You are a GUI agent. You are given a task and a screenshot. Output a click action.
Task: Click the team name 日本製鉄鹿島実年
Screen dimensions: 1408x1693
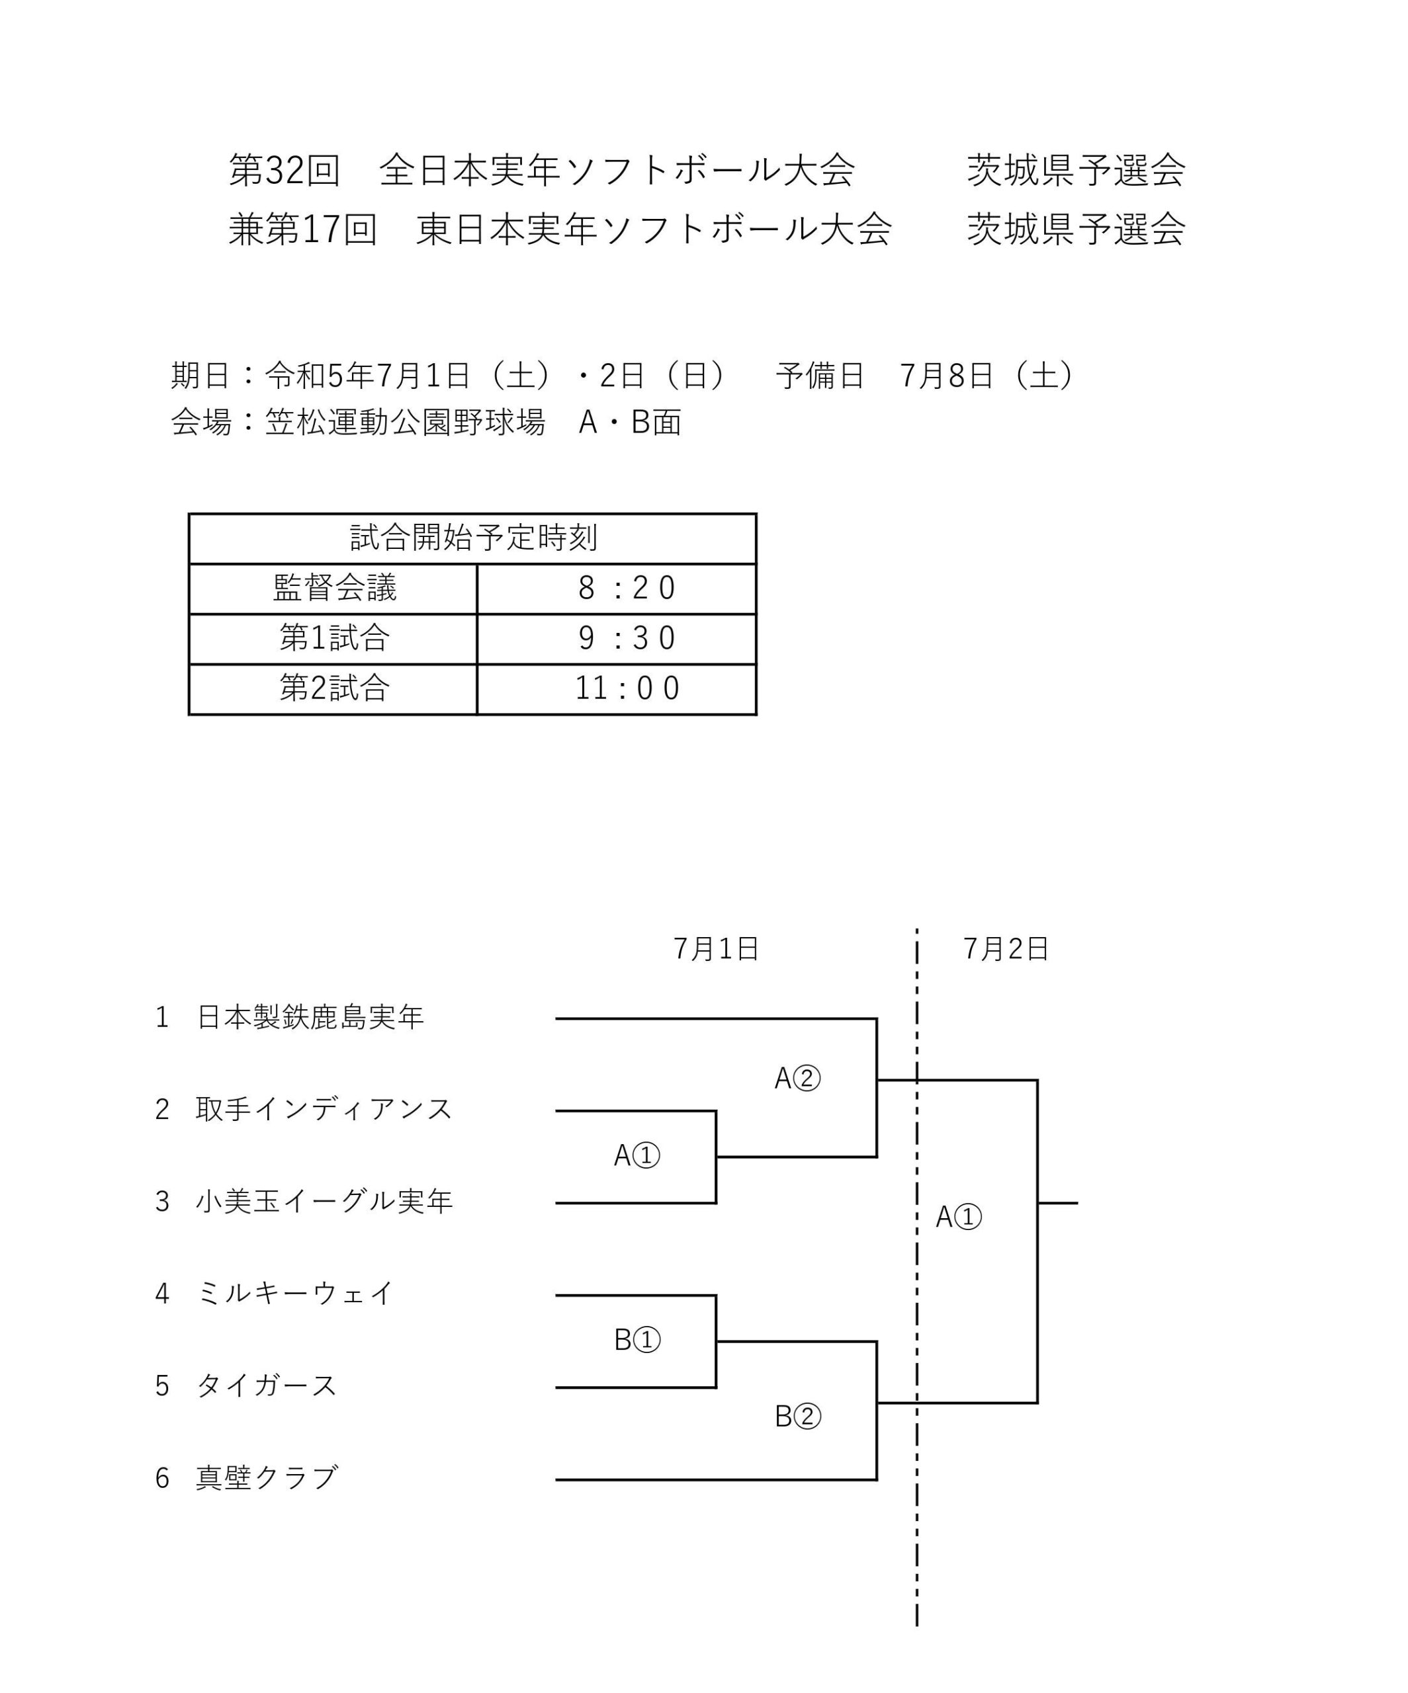[310, 1017]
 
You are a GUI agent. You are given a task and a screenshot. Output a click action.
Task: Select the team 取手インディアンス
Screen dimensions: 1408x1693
[324, 1109]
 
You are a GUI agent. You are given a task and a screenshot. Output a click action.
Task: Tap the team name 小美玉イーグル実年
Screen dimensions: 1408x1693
[324, 1201]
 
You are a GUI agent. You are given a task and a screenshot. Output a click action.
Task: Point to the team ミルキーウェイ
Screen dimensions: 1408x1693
[295, 1293]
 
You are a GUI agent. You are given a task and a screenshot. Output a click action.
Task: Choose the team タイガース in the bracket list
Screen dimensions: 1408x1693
[267, 1385]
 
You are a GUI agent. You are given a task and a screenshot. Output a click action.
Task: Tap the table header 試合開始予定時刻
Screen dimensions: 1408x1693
[473, 538]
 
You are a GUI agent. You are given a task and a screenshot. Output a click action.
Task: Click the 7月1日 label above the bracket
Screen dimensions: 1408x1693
[716, 949]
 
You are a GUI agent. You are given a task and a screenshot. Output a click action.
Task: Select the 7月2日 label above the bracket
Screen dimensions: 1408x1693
[1006, 949]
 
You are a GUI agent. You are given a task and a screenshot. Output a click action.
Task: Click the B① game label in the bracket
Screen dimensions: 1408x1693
[637, 1340]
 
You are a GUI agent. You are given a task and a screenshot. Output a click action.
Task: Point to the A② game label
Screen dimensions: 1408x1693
[797, 1079]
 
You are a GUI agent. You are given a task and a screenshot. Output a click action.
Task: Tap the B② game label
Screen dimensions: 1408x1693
[797, 1417]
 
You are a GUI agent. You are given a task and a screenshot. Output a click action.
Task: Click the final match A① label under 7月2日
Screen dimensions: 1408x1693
[958, 1218]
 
